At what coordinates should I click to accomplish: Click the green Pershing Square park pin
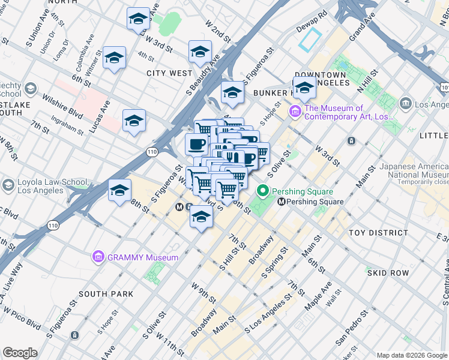point(262,191)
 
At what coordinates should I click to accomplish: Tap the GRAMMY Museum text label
point(143,257)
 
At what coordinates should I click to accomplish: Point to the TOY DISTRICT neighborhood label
point(381,233)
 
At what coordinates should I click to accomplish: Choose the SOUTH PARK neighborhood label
point(105,294)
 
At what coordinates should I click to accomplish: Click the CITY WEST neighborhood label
point(169,73)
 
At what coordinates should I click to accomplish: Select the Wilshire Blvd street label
point(62,104)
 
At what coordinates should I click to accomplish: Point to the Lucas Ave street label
point(105,110)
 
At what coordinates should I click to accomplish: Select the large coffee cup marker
point(196,144)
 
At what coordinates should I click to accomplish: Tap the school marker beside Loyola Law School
point(119,191)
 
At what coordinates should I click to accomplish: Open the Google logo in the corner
point(20,353)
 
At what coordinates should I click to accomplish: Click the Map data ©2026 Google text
point(412,355)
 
